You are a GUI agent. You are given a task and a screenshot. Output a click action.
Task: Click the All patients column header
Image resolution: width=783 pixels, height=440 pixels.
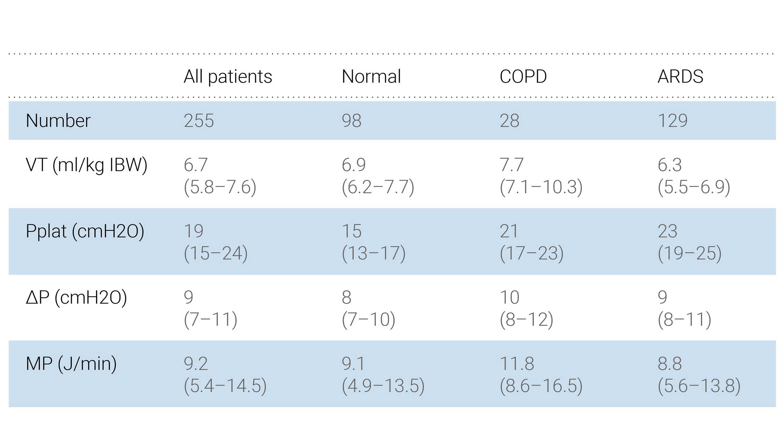coord(228,77)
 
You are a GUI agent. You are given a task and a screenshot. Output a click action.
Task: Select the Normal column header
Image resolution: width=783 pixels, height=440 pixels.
coord(371,77)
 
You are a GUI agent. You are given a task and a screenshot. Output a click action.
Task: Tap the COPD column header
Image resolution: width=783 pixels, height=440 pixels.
coord(523,77)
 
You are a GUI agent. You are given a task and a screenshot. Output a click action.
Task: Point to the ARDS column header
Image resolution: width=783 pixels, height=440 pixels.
coord(680,77)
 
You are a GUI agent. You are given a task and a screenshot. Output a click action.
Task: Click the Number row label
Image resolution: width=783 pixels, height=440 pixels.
coord(58,121)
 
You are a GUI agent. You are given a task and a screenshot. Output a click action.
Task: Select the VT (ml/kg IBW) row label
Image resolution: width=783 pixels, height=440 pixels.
coord(86,165)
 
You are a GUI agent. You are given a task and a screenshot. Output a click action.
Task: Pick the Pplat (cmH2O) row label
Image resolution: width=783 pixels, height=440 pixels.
coord(85,231)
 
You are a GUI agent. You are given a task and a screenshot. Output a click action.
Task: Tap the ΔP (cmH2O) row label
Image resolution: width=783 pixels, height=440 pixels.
coord(76,297)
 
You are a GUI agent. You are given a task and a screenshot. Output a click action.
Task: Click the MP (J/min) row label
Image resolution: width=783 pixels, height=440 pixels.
coord(71,364)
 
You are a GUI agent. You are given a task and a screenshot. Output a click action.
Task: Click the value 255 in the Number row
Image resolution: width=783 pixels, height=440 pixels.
coord(199,121)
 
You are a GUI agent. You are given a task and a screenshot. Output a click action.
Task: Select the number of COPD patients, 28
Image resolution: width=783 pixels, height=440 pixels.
coord(509,121)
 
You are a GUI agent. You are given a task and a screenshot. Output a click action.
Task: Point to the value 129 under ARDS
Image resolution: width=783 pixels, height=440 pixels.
coord(672,121)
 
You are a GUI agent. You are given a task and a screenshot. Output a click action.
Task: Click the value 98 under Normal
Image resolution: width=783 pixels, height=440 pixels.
coord(351,121)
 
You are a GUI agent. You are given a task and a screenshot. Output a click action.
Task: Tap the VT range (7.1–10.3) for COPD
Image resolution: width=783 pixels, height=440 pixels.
coord(541,187)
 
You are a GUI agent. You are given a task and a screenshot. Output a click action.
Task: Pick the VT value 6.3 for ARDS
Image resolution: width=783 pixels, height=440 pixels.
coord(669,165)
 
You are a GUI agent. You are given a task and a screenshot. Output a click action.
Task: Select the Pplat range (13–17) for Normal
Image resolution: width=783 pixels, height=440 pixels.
coord(374,254)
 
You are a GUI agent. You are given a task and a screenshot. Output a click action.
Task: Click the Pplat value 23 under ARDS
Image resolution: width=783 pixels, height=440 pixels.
coord(668,231)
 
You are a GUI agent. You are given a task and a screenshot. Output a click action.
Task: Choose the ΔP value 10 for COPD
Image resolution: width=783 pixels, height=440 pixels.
coord(509,297)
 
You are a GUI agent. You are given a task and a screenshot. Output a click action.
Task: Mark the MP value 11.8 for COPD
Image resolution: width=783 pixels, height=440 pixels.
coord(517,364)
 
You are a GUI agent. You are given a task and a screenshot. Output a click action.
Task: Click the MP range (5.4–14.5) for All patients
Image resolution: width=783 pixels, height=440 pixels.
coord(225,386)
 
